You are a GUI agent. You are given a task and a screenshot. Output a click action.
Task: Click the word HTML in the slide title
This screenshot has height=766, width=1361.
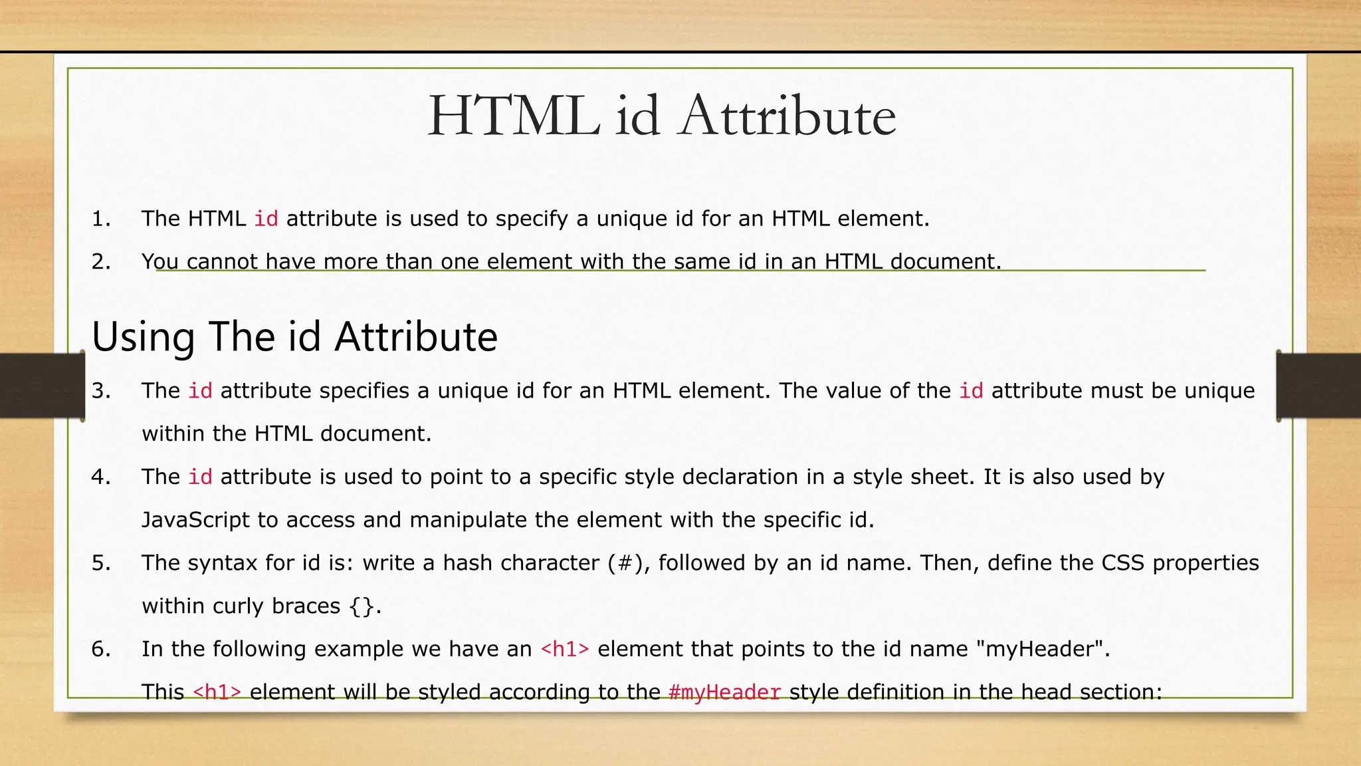[513, 117]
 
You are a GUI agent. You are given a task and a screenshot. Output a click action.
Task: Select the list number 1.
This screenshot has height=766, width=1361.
[100, 219]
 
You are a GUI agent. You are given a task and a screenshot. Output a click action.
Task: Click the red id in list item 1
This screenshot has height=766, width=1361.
[266, 219]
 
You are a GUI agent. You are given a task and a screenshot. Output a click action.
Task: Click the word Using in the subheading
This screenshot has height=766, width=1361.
[143, 336]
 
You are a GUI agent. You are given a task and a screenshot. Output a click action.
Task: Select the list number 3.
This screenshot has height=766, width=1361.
[100, 390]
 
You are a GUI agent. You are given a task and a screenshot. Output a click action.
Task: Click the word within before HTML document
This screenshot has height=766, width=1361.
[173, 434]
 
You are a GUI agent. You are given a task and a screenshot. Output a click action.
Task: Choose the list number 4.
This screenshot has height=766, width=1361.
[100, 477]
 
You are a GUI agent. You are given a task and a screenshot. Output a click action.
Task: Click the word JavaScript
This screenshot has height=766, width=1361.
[195, 520]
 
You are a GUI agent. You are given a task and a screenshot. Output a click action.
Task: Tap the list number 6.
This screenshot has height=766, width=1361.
[100, 649]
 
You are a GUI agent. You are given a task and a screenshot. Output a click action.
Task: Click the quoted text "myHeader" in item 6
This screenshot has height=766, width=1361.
[1040, 649]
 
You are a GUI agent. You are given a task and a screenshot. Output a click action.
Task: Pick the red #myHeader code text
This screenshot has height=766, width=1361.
[724, 692]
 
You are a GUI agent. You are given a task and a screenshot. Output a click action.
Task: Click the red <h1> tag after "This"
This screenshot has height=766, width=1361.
[217, 692]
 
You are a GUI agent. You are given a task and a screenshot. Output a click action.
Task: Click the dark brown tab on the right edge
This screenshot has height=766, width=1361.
[1318, 386]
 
